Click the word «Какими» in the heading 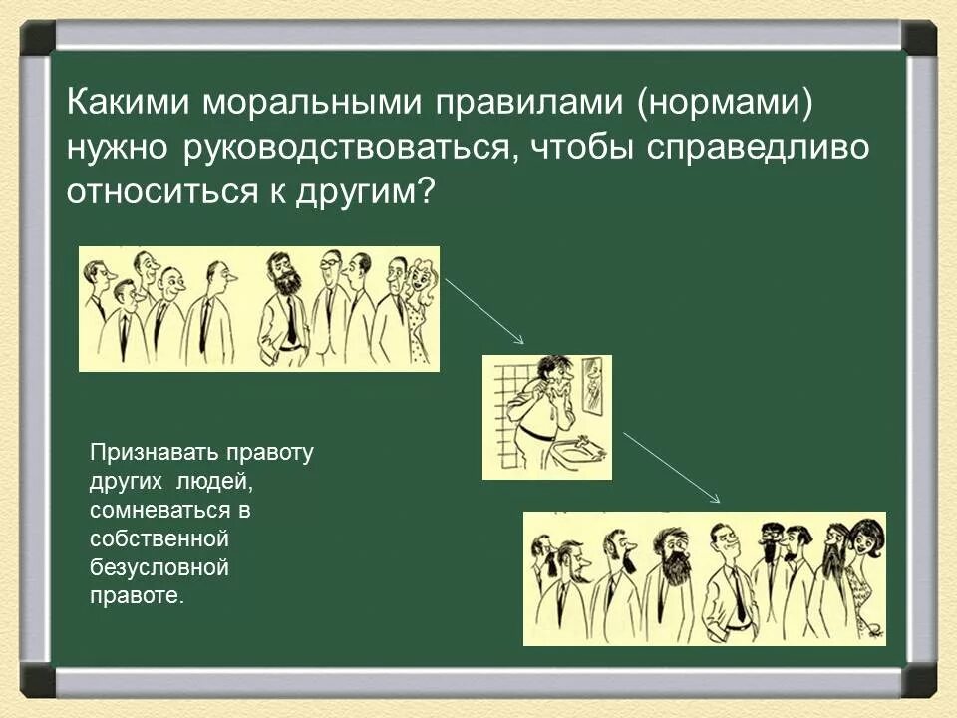[129, 102]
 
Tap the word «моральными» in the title [312, 103]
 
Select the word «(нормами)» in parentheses [725, 103]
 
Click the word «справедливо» [757, 148]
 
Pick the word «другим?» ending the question [365, 193]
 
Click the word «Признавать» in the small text [155, 453]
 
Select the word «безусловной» [159, 568]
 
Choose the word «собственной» [159, 539]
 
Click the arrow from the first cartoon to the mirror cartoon [484, 311]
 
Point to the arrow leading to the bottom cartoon [671, 467]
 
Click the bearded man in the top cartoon [283, 309]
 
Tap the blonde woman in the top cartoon [421, 311]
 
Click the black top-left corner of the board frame [38, 36]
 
